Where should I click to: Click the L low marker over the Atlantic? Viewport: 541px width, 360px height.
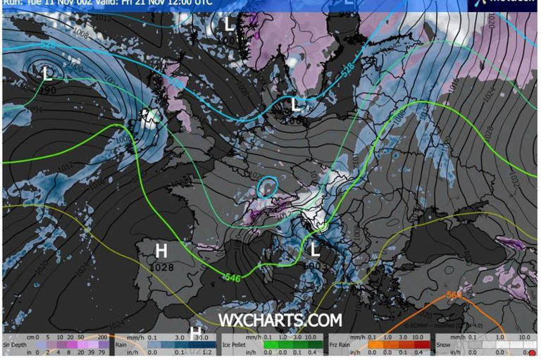tap(46, 72)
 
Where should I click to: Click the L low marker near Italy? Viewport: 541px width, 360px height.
tap(315, 248)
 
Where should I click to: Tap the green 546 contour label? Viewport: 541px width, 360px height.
tap(232, 277)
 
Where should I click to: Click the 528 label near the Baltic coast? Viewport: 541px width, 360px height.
tap(347, 70)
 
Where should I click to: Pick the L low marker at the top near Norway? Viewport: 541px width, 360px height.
tap(229, 23)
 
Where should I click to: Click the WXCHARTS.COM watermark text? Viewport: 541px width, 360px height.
tap(280, 321)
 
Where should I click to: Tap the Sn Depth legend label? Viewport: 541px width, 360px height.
tap(16, 345)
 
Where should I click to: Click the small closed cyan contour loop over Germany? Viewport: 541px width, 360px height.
tap(267, 187)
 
